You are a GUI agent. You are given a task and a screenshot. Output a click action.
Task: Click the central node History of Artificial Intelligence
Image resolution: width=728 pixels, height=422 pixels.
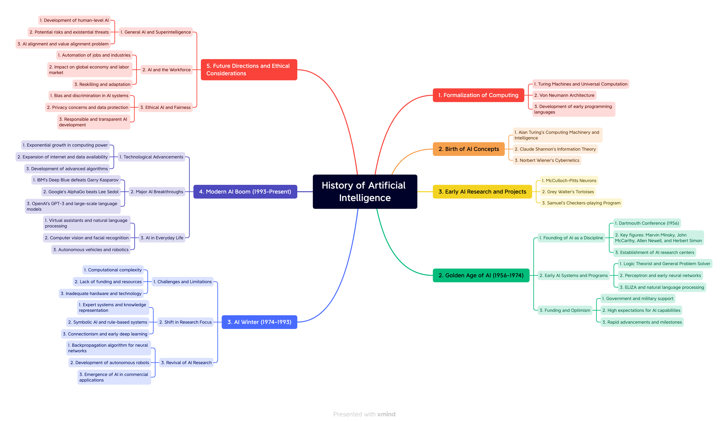(365, 191)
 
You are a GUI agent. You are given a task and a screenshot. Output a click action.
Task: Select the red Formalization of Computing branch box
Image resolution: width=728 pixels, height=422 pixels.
(478, 95)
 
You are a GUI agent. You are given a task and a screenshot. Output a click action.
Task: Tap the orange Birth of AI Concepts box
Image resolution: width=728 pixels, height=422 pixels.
(468, 149)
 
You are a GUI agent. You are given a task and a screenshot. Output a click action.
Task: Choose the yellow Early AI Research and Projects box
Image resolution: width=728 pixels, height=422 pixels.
(482, 191)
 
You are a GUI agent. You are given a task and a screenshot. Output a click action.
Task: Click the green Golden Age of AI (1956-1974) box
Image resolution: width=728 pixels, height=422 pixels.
(481, 275)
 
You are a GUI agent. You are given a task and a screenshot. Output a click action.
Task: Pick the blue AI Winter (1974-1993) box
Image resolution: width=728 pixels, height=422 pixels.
(259, 322)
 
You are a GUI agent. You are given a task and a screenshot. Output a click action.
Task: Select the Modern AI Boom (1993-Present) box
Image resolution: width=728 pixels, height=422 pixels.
(245, 191)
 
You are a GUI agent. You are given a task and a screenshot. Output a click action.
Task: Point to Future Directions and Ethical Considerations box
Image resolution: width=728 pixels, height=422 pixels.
(249, 70)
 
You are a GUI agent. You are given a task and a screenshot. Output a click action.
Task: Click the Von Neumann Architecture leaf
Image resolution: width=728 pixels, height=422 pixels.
(564, 95)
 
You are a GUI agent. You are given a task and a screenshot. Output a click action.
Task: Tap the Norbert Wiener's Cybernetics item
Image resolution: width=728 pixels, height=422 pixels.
(547, 160)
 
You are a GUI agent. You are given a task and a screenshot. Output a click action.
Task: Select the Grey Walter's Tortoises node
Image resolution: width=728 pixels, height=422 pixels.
(568, 191)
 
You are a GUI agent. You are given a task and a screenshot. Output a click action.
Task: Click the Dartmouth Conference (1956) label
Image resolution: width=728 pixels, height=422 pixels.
(646, 223)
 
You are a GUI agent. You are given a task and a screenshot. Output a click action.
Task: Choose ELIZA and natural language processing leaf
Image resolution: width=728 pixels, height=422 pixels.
(662, 287)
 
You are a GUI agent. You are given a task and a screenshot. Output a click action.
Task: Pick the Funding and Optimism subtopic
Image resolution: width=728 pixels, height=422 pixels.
(565, 310)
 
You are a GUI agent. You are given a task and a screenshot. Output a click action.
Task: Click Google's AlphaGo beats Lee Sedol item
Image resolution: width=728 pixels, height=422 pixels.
(81, 191)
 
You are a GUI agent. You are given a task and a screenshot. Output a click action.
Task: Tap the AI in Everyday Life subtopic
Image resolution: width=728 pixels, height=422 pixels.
(162, 238)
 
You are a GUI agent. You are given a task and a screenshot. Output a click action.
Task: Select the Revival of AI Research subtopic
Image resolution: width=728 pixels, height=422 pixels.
(186, 363)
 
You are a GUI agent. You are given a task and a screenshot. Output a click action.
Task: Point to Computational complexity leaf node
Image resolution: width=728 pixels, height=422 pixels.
(113, 270)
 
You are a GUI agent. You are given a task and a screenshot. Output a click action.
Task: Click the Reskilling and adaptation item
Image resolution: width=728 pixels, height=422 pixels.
(102, 84)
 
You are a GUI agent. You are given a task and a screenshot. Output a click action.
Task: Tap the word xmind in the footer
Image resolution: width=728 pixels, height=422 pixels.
(386, 414)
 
